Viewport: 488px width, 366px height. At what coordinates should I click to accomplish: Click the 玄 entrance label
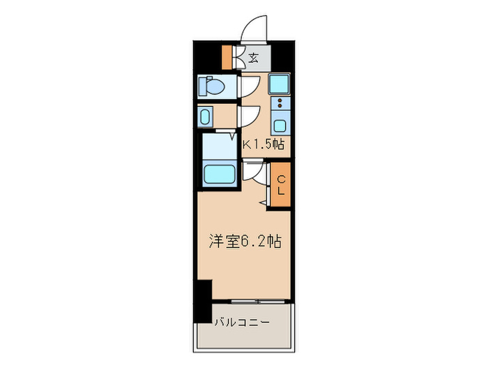coord(254,58)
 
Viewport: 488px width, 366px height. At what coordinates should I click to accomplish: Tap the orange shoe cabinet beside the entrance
coord(227,57)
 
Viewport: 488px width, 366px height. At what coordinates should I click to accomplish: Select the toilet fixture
coord(211,86)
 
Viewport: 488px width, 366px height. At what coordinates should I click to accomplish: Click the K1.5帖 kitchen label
coord(264,145)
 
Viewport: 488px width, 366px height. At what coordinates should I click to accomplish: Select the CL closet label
coord(281,185)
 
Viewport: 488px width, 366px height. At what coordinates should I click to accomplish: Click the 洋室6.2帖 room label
coord(245,242)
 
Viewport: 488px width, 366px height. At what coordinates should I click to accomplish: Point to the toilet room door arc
coord(248,86)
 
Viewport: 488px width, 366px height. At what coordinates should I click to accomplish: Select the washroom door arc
coord(249,116)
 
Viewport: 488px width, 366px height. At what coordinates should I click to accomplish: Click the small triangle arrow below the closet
coord(263,202)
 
